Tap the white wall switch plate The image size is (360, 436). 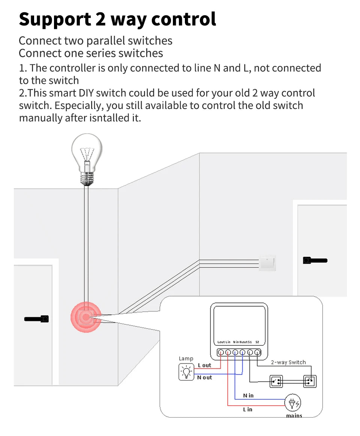pyautogui.click(x=267, y=263)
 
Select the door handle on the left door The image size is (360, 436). pyautogui.click(x=37, y=319)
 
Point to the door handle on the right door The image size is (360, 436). pyautogui.click(x=315, y=260)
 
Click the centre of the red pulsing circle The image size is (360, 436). pyautogui.click(x=86, y=317)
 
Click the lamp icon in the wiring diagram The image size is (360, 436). pyautogui.click(x=186, y=372)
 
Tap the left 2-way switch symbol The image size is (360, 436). pyautogui.click(x=276, y=381)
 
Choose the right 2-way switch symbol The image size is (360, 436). pyautogui.click(x=310, y=381)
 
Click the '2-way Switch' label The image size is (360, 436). pyautogui.click(x=288, y=362)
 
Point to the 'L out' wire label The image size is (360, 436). pyautogui.click(x=204, y=365)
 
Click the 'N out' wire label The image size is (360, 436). pyautogui.click(x=204, y=378)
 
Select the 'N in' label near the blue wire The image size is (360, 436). pyautogui.click(x=248, y=395)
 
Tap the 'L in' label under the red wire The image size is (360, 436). pyautogui.click(x=247, y=409)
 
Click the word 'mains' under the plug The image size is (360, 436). pyautogui.click(x=294, y=415)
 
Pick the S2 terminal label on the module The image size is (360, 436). pyautogui.click(x=257, y=342)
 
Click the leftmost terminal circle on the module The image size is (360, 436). pyautogui.click(x=221, y=352)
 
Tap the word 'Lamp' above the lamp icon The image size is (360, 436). pyautogui.click(x=186, y=358)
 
